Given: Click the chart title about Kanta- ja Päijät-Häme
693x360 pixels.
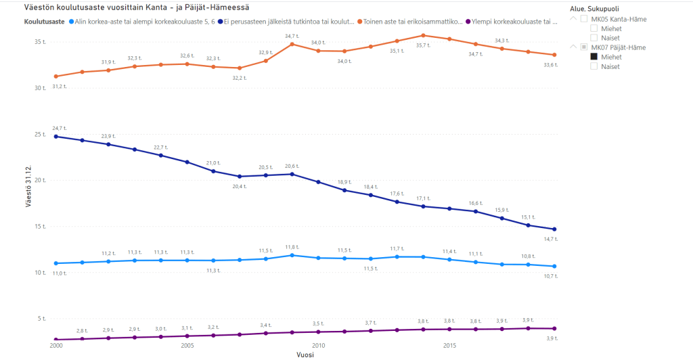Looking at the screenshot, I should [x=132, y=7].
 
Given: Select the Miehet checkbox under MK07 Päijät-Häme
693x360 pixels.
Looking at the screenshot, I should [x=594, y=57].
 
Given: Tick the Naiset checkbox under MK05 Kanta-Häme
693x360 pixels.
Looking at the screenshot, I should [x=594, y=38].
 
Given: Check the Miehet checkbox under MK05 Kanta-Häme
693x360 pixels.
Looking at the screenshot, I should [x=594, y=28].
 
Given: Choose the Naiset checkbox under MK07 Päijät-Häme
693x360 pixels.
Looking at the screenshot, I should [x=594, y=66].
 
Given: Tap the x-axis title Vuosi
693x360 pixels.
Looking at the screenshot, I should [x=305, y=354].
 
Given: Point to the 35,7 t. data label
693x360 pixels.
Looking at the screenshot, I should [x=423, y=45].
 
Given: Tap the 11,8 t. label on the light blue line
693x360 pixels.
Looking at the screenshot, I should [x=291, y=247].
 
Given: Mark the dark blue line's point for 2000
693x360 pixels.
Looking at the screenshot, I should [x=55, y=137].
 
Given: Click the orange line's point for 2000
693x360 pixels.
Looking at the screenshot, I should [x=55, y=76].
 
